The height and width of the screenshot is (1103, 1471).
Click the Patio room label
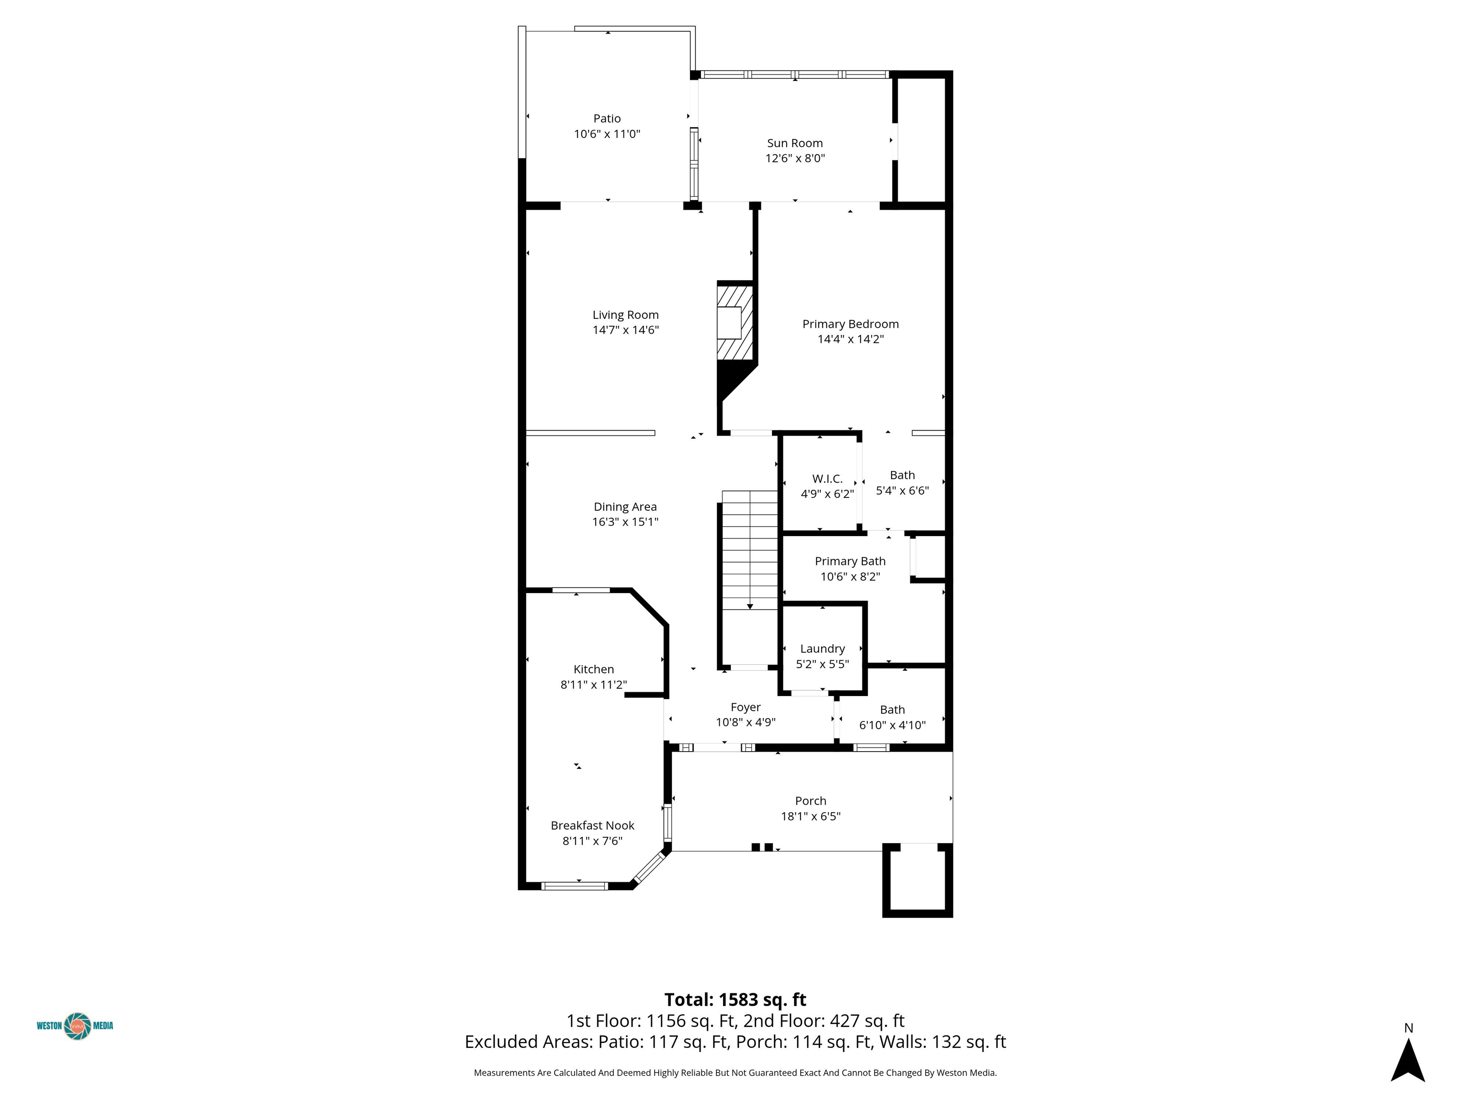tap(607, 118)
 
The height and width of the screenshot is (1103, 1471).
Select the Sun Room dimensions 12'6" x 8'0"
tap(795, 158)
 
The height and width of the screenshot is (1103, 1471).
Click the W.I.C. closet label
tap(827, 479)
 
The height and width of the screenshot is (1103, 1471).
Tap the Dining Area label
tap(625, 506)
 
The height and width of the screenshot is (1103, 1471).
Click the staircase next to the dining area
tap(749, 551)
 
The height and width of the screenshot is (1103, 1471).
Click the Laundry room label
tap(822, 649)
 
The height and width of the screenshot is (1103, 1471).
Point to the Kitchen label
tap(593, 670)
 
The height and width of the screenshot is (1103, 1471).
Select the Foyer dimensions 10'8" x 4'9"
tap(746, 723)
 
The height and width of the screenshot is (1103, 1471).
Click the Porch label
tap(811, 801)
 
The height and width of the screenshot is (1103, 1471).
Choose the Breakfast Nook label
tap(592, 826)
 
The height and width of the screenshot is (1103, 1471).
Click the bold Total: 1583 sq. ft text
tap(735, 1000)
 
